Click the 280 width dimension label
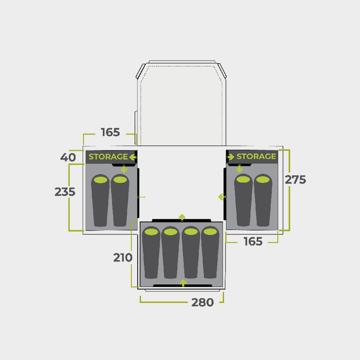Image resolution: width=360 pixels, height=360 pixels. [x=202, y=302]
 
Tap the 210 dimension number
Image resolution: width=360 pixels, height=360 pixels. [x=123, y=258]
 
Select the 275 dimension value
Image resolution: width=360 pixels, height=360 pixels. [x=295, y=180]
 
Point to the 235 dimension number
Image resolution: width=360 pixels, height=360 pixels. [x=65, y=192]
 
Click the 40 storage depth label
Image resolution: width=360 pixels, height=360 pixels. [x=68, y=157]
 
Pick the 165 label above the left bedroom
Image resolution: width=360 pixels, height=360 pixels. [x=110, y=132]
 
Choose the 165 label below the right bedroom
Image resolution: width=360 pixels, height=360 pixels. [x=253, y=242]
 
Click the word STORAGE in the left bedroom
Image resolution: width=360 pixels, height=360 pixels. [x=108, y=157]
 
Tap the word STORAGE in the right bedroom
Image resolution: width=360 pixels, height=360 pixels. [x=256, y=156]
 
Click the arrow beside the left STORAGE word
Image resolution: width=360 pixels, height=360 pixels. [x=133, y=157]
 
